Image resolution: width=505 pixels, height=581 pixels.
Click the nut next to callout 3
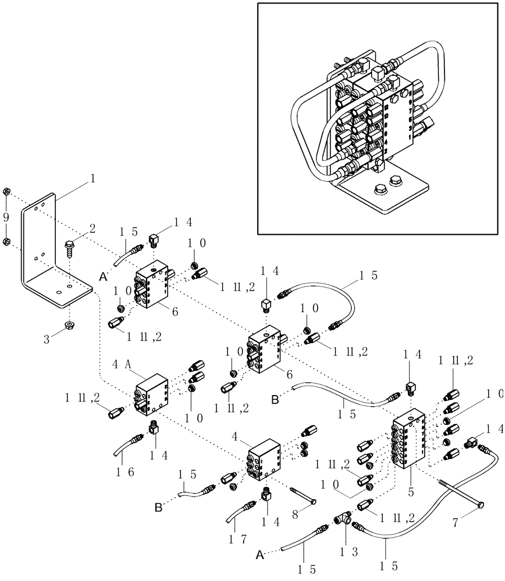(x=69, y=323)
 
